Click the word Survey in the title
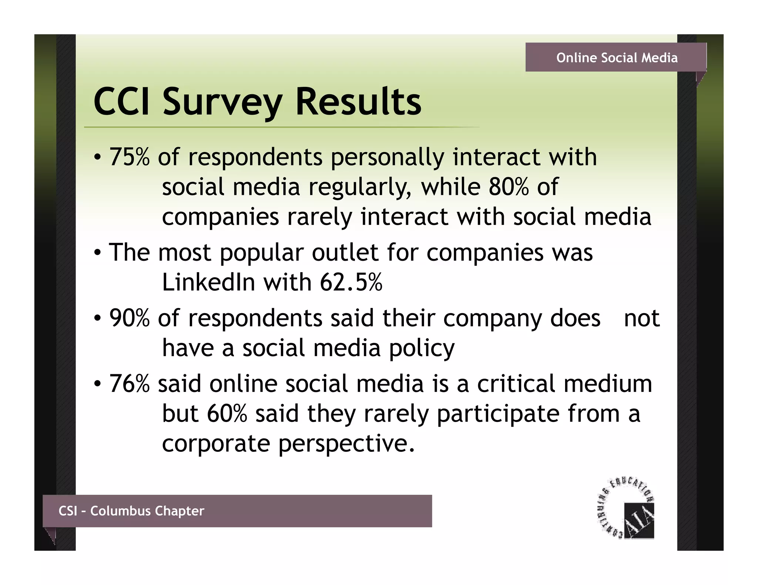click(x=222, y=102)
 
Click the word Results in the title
click(x=358, y=102)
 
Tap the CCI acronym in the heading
click(x=122, y=102)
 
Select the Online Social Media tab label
click(x=617, y=58)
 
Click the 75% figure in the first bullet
click(x=130, y=157)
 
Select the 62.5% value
click(x=351, y=283)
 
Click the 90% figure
click(x=130, y=318)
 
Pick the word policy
click(x=422, y=348)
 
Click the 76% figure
click(x=130, y=383)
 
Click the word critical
click(x=516, y=383)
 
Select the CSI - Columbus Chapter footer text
click(x=131, y=511)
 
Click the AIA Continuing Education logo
click(x=627, y=509)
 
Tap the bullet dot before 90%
click(x=97, y=318)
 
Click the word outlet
click(x=345, y=253)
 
